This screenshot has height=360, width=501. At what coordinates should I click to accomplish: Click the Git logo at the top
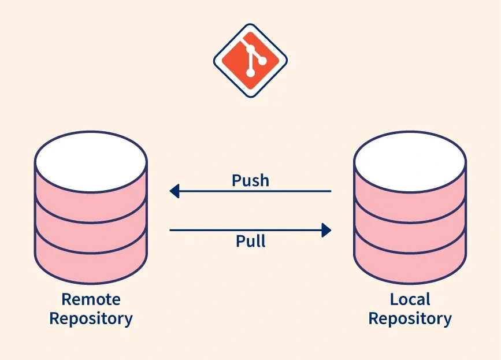click(250, 60)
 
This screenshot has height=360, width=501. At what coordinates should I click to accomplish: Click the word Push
click(250, 180)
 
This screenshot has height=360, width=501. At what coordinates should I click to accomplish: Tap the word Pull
click(251, 240)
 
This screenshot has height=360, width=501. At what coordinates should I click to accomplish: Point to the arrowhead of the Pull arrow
click(326, 230)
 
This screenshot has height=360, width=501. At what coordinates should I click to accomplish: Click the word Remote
click(91, 299)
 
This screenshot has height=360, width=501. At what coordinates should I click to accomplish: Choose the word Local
click(410, 299)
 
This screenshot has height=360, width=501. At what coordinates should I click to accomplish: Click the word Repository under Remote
click(91, 318)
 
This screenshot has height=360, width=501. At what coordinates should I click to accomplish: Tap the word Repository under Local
click(410, 318)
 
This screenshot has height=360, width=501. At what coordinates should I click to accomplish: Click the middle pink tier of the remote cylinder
click(91, 225)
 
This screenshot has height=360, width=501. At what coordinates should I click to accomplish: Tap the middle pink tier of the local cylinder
click(410, 225)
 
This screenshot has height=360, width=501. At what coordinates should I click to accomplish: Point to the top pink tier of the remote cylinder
click(91, 191)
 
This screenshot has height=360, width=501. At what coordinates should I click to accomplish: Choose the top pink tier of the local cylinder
click(410, 191)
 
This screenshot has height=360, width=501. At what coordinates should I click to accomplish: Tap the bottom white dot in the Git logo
click(250, 73)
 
